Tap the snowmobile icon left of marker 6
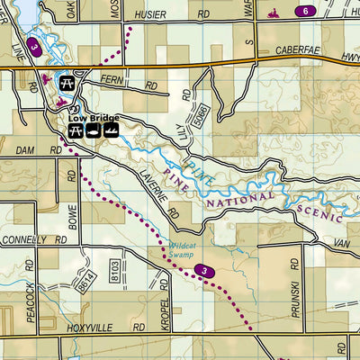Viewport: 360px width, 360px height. (x=273, y=13)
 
